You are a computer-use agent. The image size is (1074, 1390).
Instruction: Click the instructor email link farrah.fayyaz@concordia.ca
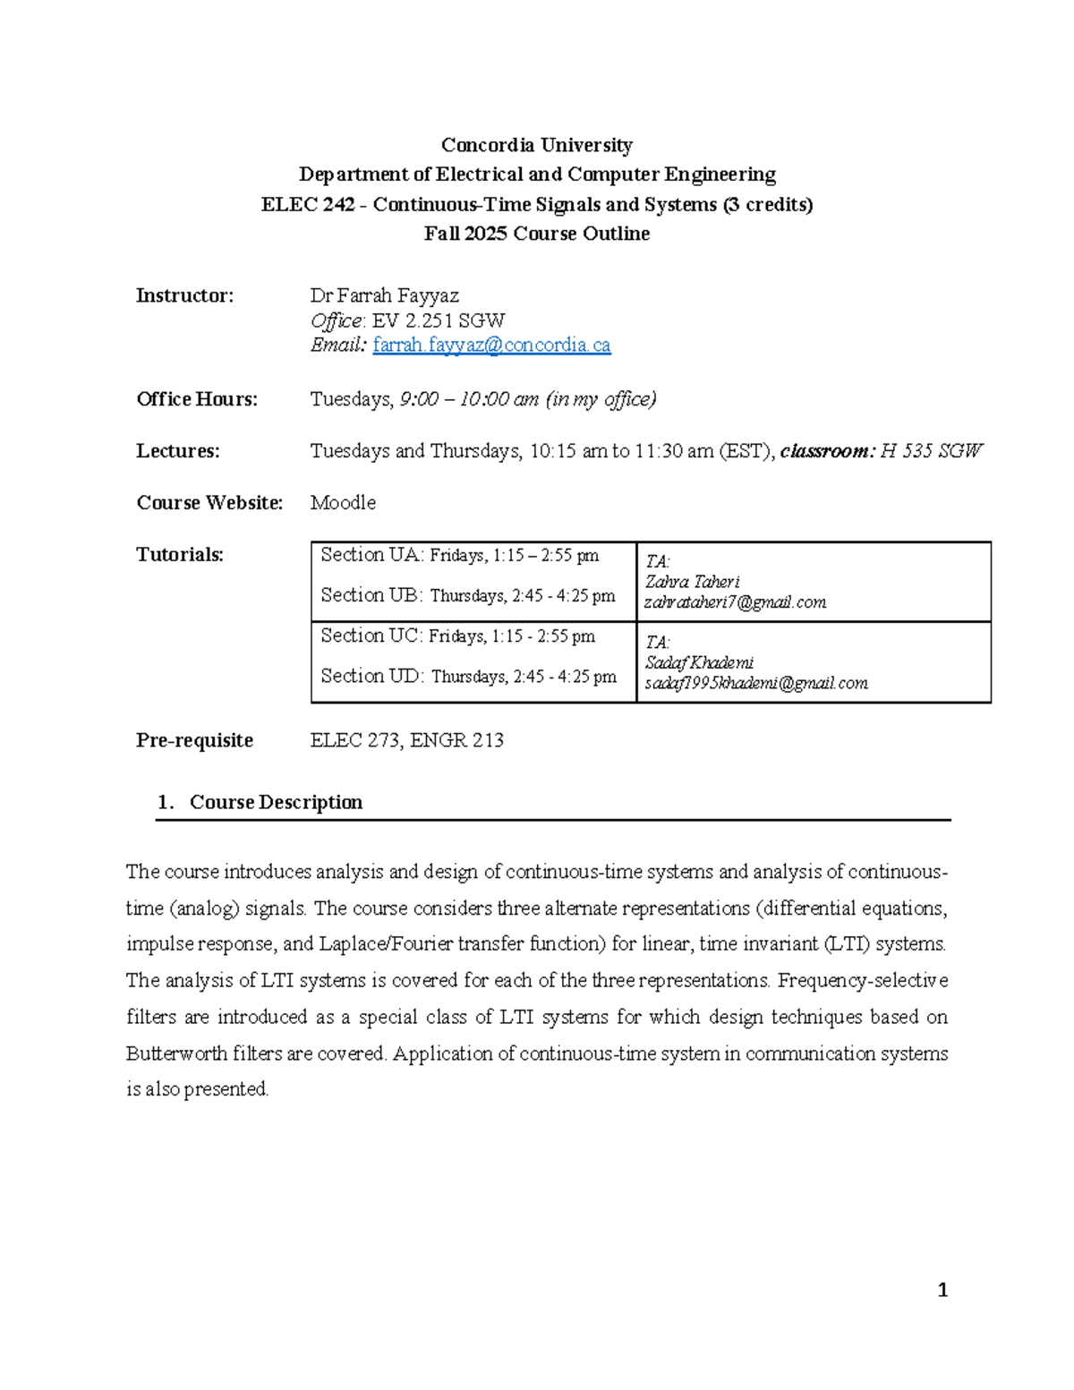[x=491, y=345]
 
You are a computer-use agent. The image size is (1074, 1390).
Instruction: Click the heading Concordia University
[x=536, y=145]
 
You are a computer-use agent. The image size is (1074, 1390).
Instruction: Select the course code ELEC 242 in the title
[x=308, y=205]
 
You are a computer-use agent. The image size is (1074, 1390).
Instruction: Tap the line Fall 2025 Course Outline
[x=536, y=234]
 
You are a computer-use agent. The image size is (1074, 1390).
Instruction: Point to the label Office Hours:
[x=197, y=399]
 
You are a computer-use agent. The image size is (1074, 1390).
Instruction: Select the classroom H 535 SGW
[x=931, y=451]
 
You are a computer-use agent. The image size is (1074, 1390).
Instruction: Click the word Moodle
[x=343, y=503]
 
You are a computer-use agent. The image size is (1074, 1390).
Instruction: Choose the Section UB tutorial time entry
[x=468, y=596]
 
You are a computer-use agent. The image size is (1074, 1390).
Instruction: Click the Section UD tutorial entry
[x=468, y=677]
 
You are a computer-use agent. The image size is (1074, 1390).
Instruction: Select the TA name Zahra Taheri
[x=692, y=582]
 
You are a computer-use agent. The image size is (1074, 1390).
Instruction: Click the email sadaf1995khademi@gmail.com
[x=755, y=684]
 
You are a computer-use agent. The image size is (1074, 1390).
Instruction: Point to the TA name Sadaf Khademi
[x=699, y=663]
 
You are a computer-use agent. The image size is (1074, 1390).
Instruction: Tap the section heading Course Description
[x=276, y=803]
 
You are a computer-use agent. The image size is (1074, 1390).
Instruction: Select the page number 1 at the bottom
[x=942, y=1290]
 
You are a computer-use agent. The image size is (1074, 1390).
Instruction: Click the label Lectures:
[x=178, y=451]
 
